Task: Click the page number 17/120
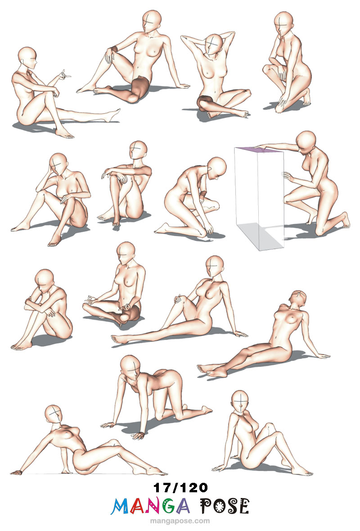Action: point(180,488)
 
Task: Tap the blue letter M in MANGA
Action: point(120,506)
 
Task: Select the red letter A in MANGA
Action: point(137,506)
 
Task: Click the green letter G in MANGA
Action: point(169,506)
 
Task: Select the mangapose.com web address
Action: point(180,521)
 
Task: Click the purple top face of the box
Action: point(260,150)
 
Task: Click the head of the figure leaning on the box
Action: point(306,142)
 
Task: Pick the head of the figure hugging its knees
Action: point(44,280)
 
